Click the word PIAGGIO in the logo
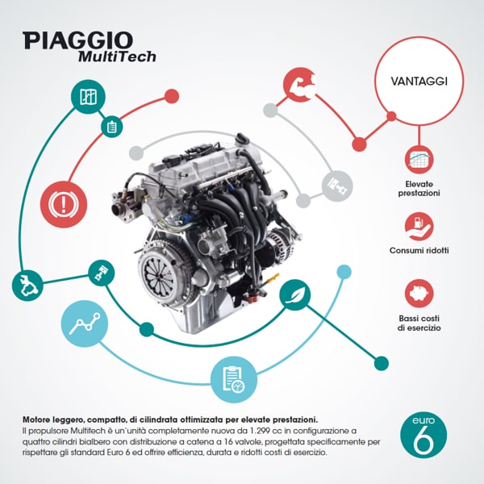point(77,40)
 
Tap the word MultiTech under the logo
point(117,56)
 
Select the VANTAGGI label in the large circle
point(419,81)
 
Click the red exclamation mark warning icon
point(64,204)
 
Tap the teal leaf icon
point(294,294)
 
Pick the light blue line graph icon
point(85,323)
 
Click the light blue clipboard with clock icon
point(234,379)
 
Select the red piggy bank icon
point(419,294)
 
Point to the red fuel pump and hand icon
point(419,227)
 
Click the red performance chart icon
point(419,160)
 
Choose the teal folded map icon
point(88,97)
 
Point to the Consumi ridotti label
point(419,250)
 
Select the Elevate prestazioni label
point(419,189)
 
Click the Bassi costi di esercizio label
point(419,323)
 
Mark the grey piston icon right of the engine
point(337,186)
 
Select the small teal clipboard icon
point(112,127)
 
